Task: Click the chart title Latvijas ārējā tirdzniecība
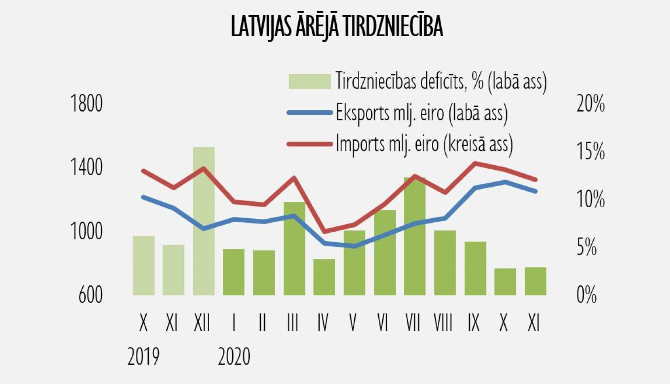(337, 26)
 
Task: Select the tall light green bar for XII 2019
(204, 221)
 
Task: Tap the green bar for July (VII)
(415, 237)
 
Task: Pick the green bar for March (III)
(294, 248)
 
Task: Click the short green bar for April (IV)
(324, 277)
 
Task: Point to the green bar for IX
(475, 268)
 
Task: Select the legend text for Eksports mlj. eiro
(422, 113)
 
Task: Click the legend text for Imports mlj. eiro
(424, 144)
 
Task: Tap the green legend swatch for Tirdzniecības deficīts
(310, 81)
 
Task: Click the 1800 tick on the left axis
(87, 104)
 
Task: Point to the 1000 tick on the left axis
(87, 231)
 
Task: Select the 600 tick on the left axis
(91, 295)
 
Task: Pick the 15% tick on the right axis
(590, 151)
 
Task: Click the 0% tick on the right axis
(586, 295)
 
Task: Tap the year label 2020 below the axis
(234, 357)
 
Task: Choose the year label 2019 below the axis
(143, 357)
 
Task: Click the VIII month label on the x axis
(443, 322)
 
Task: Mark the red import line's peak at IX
(475, 163)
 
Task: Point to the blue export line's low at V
(354, 246)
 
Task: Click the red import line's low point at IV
(324, 231)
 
